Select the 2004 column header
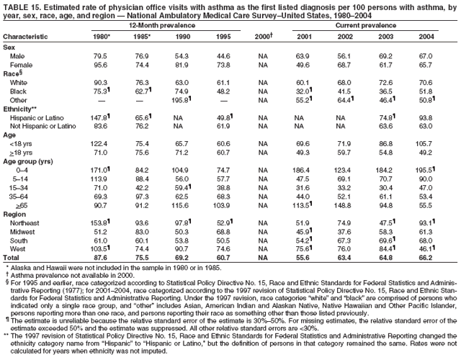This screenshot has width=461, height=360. (426, 36)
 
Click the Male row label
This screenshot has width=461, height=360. (19, 55)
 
